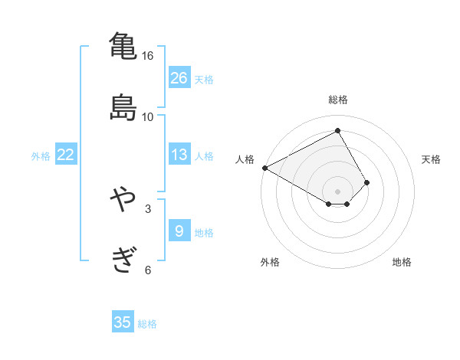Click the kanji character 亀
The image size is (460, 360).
click(x=123, y=46)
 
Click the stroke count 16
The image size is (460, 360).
click(x=148, y=56)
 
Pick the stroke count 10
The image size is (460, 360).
click(x=148, y=116)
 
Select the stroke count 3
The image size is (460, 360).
click(x=148, y=208)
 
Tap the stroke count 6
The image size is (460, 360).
click(x=148, y=269)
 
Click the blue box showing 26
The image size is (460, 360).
click(x=179, y=77)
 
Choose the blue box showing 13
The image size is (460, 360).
click(x=179, y=155)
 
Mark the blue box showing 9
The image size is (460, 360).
click(x=179, y=231)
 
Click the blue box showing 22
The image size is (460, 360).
click(x=66, y=155)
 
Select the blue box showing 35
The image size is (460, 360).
click(x=123, y=322)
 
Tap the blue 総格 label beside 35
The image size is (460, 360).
click(x=147, y=324)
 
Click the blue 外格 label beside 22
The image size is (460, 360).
click(x=41, y=156)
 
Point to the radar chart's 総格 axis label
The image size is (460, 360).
click(x=338, y=100)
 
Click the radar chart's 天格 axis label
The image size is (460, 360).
click(x=432, y=159)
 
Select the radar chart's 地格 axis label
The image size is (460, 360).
click(x=402, y=262)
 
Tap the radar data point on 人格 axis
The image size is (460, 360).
click(x=264, y=168)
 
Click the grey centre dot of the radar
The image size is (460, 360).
click(x=338, y=191)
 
